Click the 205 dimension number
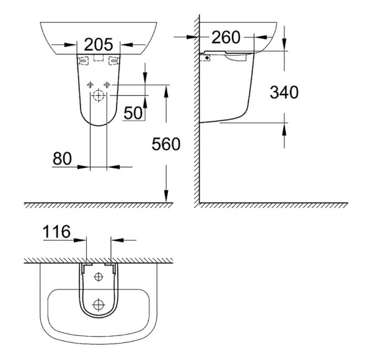[x=98, y=45]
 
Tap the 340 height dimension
[x=284, y=92]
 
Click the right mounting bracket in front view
[x=113, y=60]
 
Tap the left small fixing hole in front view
[x=90, y=84]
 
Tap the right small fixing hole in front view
[x=107, y=84]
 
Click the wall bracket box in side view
[x=206, y=57]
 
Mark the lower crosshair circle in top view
[x=98, y=304]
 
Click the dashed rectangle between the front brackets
[x=97, y=59]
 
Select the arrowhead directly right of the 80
[x=112, y=166]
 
